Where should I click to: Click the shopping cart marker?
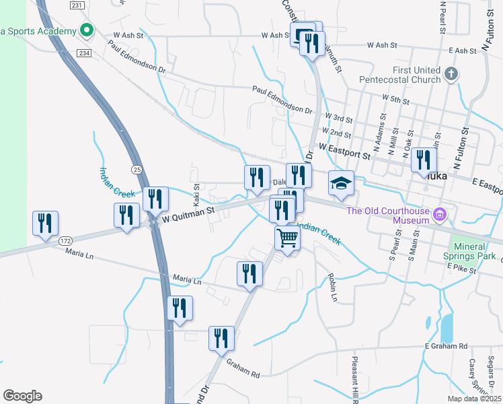coord(287,237)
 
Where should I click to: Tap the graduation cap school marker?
coord(341,182)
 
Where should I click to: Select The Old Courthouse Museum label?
coord(387,215)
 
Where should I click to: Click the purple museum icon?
coord(440,215)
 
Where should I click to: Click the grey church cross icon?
coord(451,73)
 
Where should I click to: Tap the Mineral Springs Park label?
coord(472,251)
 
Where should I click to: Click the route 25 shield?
coord(137,169)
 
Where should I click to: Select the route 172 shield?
coord(65,240)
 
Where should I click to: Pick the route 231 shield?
coord(77,5)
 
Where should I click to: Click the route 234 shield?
coord(84,53)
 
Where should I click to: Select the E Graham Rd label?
coord(446,346)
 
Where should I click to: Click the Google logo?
coord(22,396)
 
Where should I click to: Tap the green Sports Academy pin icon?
coord(86,30)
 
